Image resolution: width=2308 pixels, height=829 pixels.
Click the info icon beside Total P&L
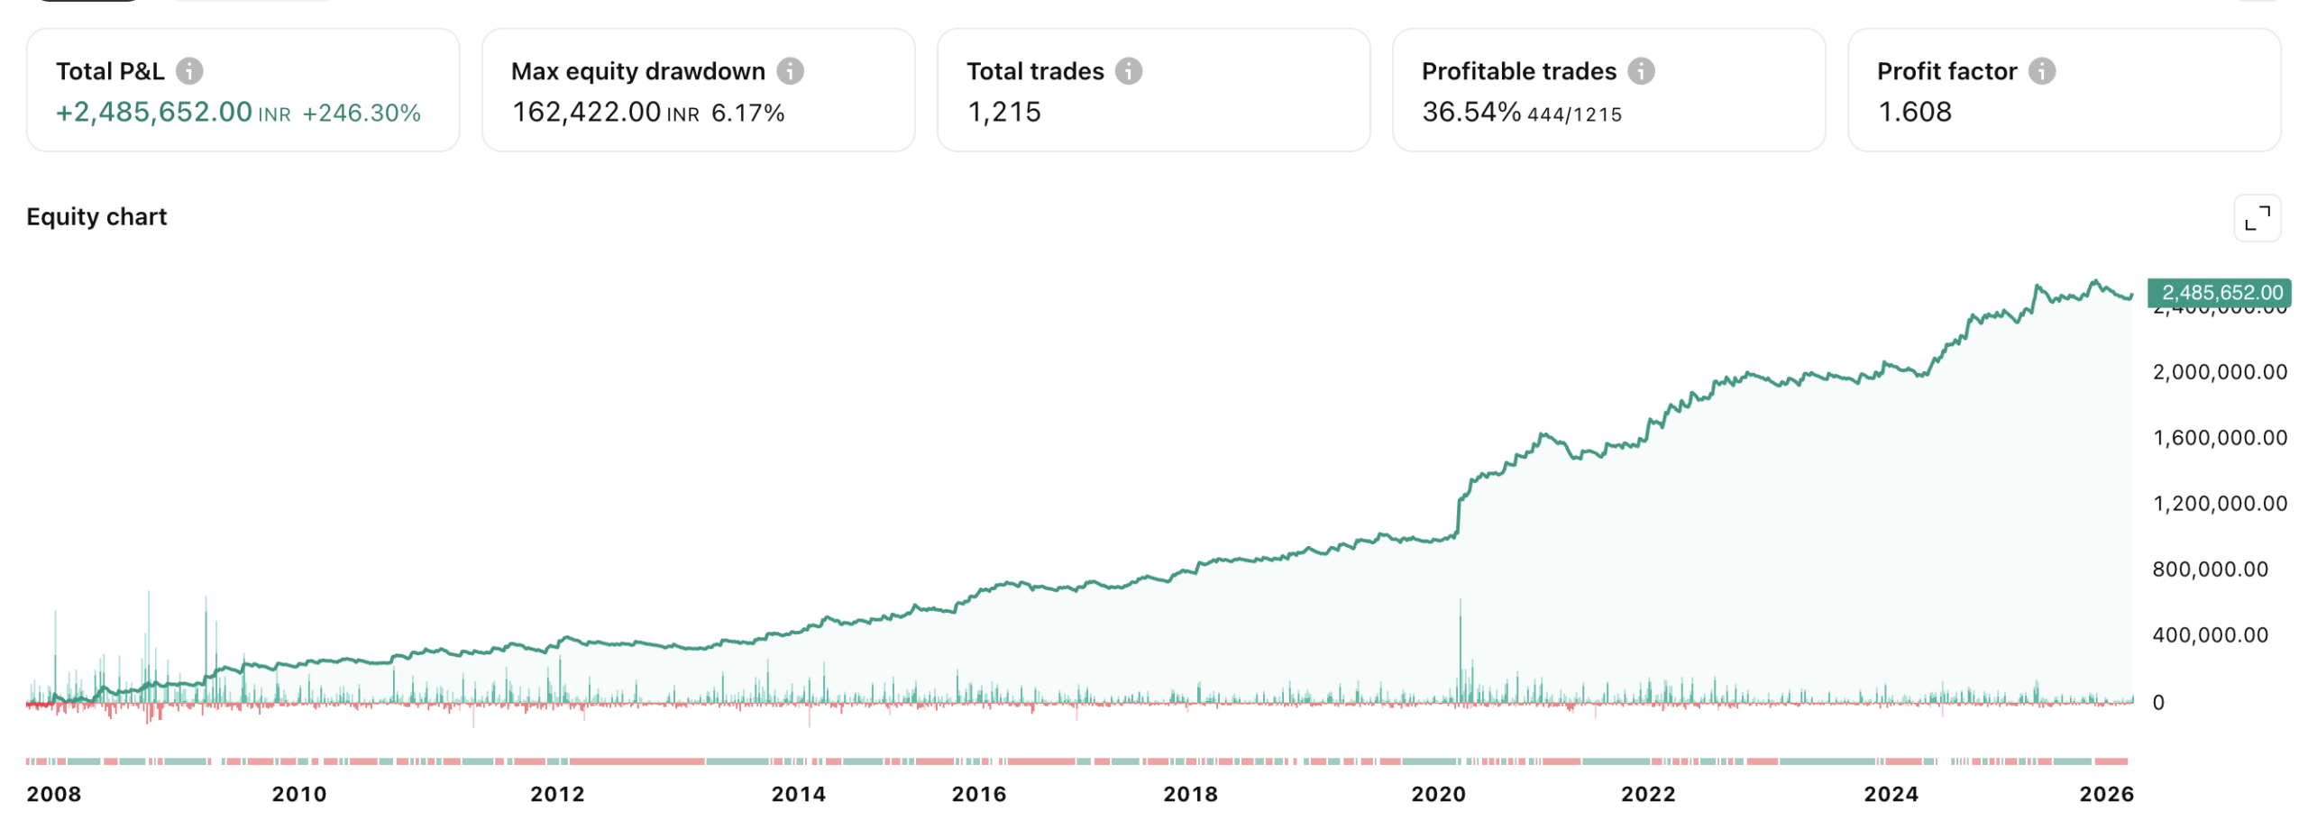coord(188,70)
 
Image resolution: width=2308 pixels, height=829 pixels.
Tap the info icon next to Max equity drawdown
coord(790,70)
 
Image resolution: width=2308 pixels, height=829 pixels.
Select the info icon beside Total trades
coord(1128,70)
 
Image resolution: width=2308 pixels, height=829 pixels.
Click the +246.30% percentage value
coord(361,113)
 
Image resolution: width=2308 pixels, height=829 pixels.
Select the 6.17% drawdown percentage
coord(747,113)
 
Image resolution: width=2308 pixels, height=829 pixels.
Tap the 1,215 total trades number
coord(1003,112)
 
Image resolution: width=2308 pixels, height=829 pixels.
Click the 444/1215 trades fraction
coord(1573,114)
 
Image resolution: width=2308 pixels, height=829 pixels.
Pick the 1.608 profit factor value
coord(1914,112)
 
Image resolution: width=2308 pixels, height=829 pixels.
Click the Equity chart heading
coord(96,216)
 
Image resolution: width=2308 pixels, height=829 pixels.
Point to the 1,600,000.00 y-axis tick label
coord(2219,438)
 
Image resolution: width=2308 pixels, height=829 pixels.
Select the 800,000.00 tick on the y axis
coord(2209,569)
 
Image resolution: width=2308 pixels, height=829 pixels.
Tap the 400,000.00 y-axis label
coord(2209,634)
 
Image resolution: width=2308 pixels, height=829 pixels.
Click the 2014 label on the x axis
coord(798,794)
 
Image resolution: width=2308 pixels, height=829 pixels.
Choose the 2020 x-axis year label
coord(1437,794)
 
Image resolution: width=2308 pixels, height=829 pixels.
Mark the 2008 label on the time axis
coord(54,794)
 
